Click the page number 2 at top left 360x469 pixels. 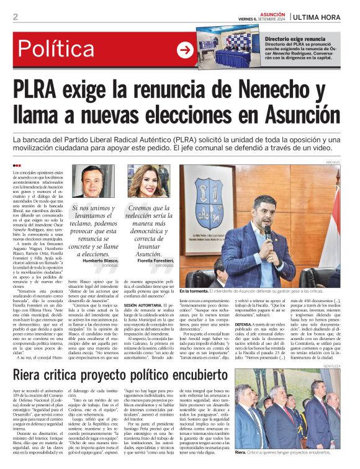pyautogui.click(x=14, y=17)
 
